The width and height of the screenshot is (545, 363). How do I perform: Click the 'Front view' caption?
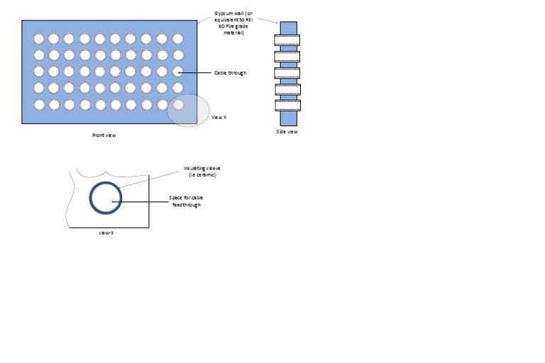104,135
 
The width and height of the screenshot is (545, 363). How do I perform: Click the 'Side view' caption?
287,132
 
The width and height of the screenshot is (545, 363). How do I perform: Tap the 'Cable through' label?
230,72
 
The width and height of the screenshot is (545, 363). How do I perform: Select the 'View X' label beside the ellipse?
219,118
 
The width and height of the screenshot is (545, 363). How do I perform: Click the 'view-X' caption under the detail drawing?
106,233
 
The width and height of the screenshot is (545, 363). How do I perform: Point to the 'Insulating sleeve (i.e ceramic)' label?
202,172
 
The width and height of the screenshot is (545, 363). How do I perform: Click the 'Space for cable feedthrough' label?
187,201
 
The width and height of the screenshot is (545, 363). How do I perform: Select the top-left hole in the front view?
39,38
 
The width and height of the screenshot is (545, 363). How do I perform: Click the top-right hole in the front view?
178,38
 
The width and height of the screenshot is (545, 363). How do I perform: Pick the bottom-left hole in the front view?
39,104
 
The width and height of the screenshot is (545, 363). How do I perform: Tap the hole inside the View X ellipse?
178,104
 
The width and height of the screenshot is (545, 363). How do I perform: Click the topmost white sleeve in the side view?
287,40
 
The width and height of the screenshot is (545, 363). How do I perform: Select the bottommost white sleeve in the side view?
288,106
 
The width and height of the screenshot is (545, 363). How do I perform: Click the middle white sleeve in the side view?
287,73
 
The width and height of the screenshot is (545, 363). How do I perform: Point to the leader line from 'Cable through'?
194,72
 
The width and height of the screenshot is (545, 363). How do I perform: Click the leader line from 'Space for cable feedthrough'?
141,201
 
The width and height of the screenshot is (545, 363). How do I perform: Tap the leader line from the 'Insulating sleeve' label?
148,179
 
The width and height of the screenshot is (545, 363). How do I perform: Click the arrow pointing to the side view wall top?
268,21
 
